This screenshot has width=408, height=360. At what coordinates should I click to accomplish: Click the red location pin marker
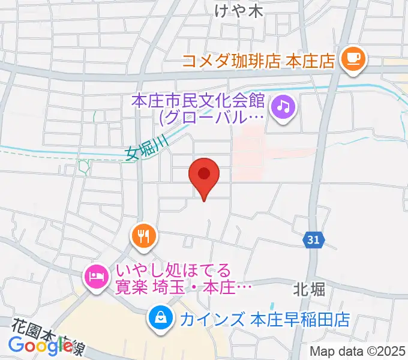[204, 176]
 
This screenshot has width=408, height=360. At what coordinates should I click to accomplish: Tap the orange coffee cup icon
[352, 58]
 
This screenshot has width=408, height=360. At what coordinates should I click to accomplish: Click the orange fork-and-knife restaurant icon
[143, 235]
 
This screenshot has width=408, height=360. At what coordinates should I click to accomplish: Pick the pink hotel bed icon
[96, 277]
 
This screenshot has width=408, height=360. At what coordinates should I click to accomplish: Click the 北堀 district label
[310, 290]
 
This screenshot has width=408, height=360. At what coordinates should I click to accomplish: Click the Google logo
[40, 345]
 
